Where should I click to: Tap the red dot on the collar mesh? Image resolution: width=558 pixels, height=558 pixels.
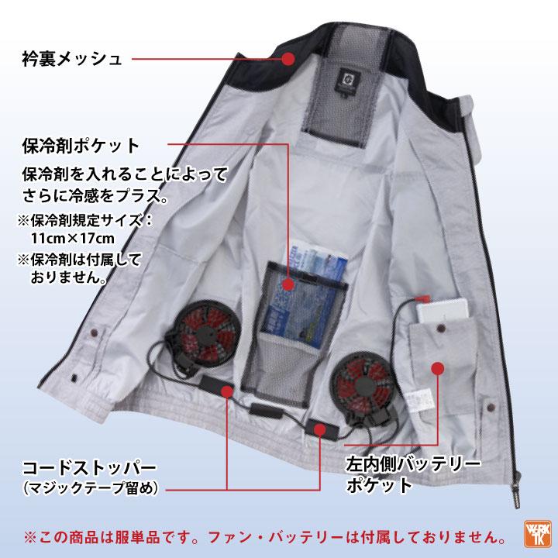288,58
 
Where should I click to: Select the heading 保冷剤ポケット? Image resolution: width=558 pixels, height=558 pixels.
81,145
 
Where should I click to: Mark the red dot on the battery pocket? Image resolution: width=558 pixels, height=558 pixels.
437,370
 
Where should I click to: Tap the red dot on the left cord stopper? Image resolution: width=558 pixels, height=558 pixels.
227,392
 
